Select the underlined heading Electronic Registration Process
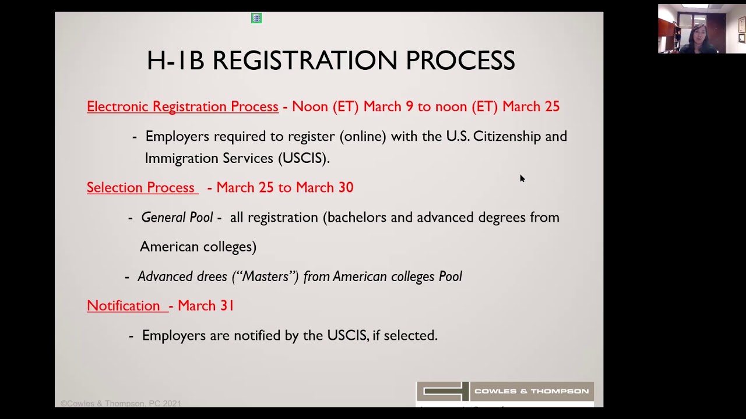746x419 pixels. click(x=182, y=106)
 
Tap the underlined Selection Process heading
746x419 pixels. click(x=140, y=187)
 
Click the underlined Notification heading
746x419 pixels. click(x=124, y=306)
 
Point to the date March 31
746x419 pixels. click(x=206, y=306)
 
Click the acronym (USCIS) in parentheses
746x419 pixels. click(x=303, y=158)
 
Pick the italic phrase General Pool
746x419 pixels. click(x=177, y=218)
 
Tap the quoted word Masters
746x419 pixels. click(x=265, y=276)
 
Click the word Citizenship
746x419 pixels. click(x=507, y=136)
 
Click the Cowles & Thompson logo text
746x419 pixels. click(x=531, y=391)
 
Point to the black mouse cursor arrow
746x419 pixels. click(x=522, y=178)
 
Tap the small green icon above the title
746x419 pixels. click(x=256, y=19)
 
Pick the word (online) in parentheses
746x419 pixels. click(x=363, y=136)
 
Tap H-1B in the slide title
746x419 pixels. click(x=175, y=61)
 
